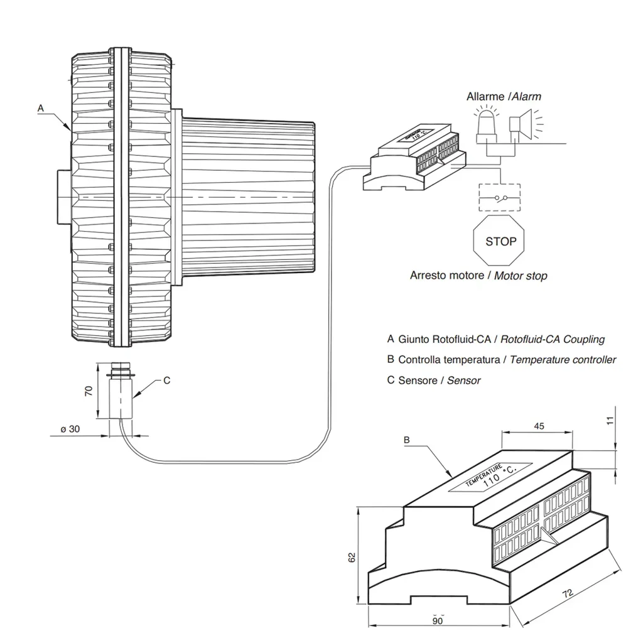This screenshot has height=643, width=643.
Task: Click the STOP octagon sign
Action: (500, 241)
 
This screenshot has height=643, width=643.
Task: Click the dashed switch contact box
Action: (500, 197)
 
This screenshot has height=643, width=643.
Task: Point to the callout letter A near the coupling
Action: (41, 108)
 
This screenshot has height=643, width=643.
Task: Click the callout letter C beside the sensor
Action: (166, 380)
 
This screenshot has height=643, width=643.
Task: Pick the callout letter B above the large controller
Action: (406, 440)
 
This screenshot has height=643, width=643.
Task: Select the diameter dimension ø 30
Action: (70, 429)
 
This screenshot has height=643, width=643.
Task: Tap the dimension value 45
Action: (538, 426)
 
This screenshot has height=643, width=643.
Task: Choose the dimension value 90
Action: (438, 621)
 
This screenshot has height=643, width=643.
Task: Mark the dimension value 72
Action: (568, 593)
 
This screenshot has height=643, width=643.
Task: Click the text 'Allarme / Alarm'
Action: (504, 97)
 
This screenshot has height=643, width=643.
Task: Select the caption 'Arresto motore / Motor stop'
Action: (478, 275)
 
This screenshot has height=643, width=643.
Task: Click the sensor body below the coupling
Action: (120, 396)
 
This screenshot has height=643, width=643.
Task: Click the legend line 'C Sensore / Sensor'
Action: (434, 380)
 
